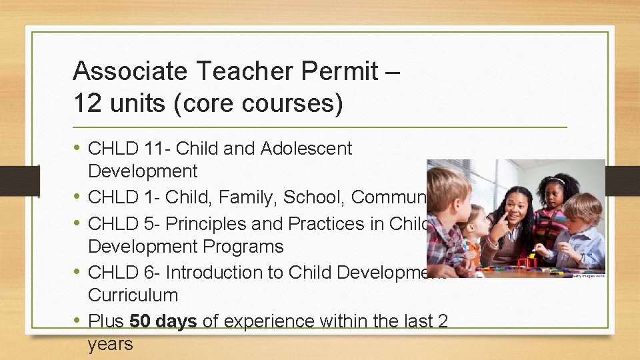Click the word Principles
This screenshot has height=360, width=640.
[x=211, y=223]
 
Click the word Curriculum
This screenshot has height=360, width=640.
[x=133, y=295]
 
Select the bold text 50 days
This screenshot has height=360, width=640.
[x=163, y=321]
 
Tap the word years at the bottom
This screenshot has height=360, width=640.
[x=110, y=344]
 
